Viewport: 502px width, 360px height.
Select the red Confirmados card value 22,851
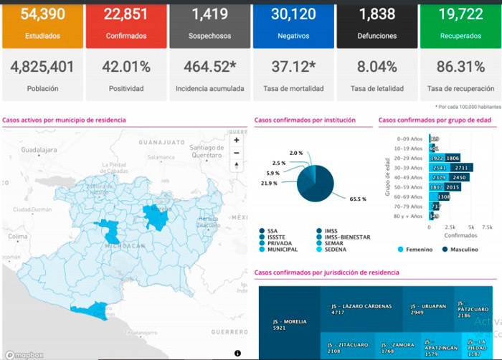point(125,14)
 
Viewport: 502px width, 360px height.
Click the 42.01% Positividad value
point(125,67)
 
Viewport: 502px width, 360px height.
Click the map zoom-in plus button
point(237,141)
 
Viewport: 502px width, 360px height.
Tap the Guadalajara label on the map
point(39,151)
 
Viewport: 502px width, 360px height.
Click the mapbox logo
point(23,354)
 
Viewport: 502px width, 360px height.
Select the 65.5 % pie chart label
point(357,199)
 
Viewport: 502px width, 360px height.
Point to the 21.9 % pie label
point(270,184)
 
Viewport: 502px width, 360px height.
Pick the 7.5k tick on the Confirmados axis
point(487,227)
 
